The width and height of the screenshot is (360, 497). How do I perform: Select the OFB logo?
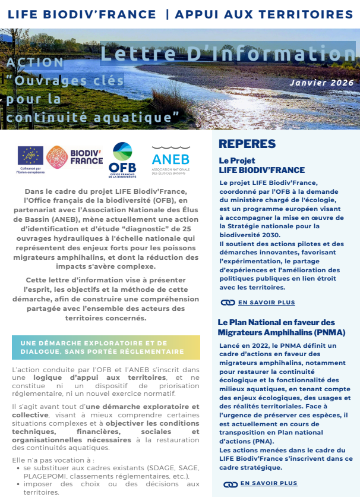122,159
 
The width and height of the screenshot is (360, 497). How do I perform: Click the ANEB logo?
170,160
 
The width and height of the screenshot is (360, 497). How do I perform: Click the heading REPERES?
247,144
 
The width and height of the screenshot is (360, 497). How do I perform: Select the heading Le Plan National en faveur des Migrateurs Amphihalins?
281,327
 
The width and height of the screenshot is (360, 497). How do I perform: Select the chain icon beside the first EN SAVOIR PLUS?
228,303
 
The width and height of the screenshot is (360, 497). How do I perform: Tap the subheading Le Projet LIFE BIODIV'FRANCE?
261,165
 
